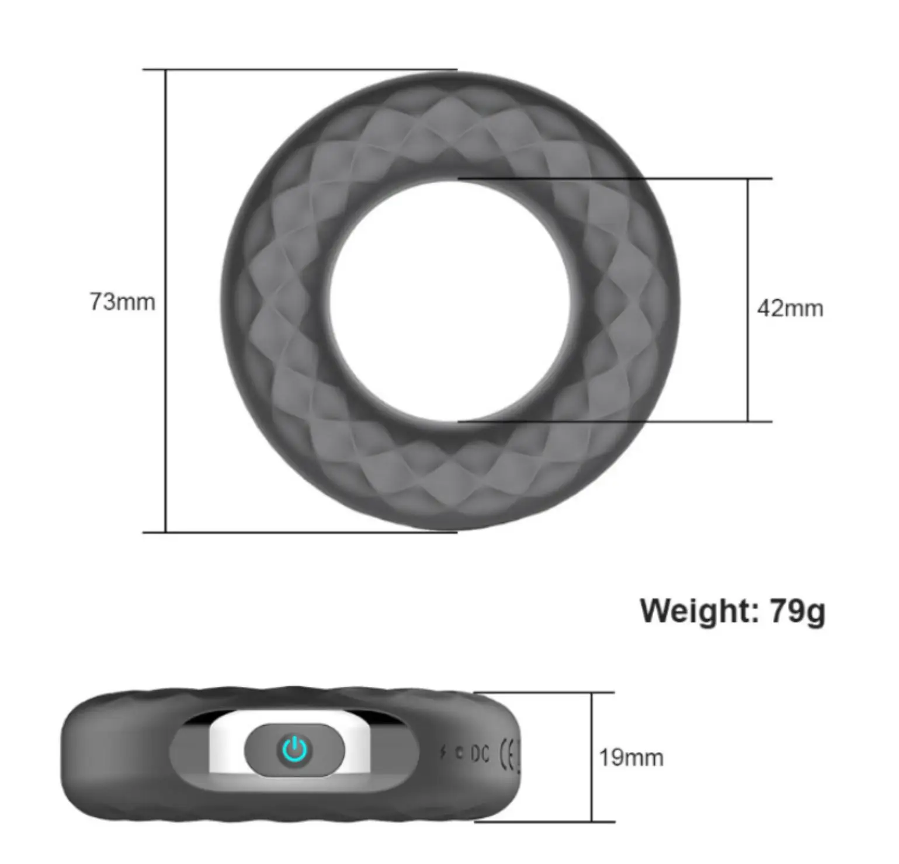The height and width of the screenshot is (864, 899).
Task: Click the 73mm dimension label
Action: coord(122,302)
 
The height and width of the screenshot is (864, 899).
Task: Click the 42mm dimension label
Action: coord(790,308)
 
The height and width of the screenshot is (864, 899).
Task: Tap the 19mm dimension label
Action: coord(631,758)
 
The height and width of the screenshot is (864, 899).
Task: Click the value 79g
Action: coord(797,611)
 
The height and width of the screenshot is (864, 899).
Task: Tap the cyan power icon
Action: coord(294,750)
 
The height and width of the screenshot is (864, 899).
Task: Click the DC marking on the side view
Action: coord(480,754)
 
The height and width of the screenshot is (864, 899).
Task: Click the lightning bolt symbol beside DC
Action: coord(443,752)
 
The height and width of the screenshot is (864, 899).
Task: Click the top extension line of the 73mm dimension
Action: coord(292,70)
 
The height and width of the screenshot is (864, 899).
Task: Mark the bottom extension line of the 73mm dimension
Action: coord(292,532)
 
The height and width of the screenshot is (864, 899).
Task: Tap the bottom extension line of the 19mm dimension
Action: coord(549,822)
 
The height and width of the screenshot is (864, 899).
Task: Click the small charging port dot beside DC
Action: coord(459,754)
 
